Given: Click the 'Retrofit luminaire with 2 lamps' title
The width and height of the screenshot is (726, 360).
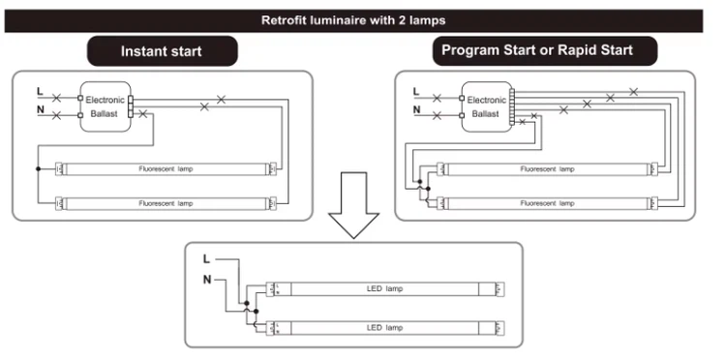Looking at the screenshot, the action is click(353, 20).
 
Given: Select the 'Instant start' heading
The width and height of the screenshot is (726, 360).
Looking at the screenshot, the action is click(161, 51).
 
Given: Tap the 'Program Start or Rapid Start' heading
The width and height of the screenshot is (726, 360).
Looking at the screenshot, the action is click(537, 50).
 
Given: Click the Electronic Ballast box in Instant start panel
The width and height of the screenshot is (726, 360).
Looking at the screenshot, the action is click(106, 106).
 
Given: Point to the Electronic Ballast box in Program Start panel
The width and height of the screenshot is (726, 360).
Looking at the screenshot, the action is click(487, 106).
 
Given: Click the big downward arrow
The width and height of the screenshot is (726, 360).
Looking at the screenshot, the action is click(353, 205).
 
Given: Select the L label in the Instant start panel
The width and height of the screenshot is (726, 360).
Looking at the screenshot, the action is click(40, 92).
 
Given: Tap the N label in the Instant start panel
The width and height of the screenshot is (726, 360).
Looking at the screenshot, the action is click(41, 109).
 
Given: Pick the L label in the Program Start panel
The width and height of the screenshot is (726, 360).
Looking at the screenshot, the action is click(416, 92).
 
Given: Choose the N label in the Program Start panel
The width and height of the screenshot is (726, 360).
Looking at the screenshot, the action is click(416, 109).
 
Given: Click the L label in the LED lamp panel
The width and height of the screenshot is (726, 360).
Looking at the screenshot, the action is click(206, 259).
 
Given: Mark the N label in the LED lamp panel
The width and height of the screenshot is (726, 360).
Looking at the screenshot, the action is click(207, 280).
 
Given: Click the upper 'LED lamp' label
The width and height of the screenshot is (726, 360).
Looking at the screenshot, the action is click(384, 288).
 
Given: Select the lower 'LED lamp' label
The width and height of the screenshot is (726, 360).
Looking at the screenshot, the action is click(384, 328).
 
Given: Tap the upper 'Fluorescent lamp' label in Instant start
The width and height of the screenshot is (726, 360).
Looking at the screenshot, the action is click(166, 169).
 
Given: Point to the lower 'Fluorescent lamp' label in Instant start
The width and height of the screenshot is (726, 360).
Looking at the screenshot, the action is click(166, 203).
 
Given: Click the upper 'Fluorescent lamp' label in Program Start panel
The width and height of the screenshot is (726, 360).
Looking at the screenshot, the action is click(547, 169).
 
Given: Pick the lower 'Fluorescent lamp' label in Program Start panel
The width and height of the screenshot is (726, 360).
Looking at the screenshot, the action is click(547, 203).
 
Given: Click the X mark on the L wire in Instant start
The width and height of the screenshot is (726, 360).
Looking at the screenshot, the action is click(56, 98).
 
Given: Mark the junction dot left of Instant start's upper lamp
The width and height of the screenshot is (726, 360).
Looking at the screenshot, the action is click(38, 169).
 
